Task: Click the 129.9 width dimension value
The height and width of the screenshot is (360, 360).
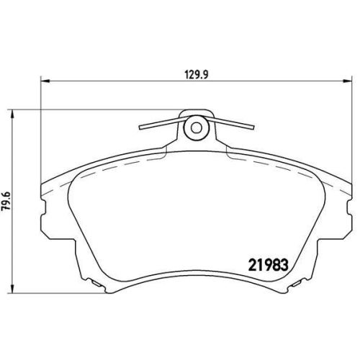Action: click(x=197, y=75)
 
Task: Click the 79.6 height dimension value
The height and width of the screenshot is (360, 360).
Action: click(x=6, y=201)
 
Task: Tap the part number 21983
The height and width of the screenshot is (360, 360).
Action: click(x=268, y=265)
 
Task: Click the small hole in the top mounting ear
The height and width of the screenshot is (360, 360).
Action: click(x=197, y=128)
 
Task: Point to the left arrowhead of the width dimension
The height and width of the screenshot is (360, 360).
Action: click(x=45, y=81)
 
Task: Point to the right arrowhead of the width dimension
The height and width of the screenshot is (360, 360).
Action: click(x=348, y=81)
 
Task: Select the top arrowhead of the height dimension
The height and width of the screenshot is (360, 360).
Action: click(x=12, y=114)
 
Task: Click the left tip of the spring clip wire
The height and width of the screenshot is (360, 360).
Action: click(x=140, y=127)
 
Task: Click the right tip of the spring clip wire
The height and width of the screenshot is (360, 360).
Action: click(x=253, y=127)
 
